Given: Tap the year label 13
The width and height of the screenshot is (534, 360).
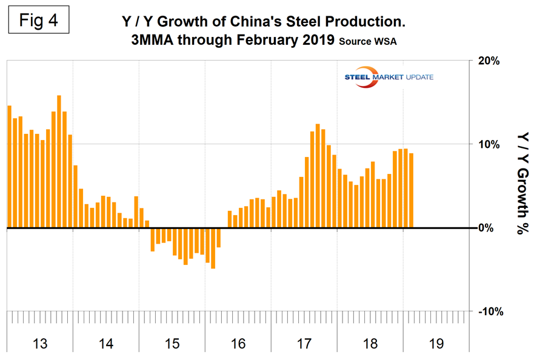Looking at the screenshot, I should [39, 344].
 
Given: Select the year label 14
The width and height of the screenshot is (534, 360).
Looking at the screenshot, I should [105, 344].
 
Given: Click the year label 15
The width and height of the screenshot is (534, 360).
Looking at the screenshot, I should [172, 344].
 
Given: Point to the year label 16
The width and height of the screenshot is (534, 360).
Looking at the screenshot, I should [238, 344].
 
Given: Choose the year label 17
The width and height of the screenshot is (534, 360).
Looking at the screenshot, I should [304, 344].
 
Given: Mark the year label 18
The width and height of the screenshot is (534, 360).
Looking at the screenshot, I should [370, 344].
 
